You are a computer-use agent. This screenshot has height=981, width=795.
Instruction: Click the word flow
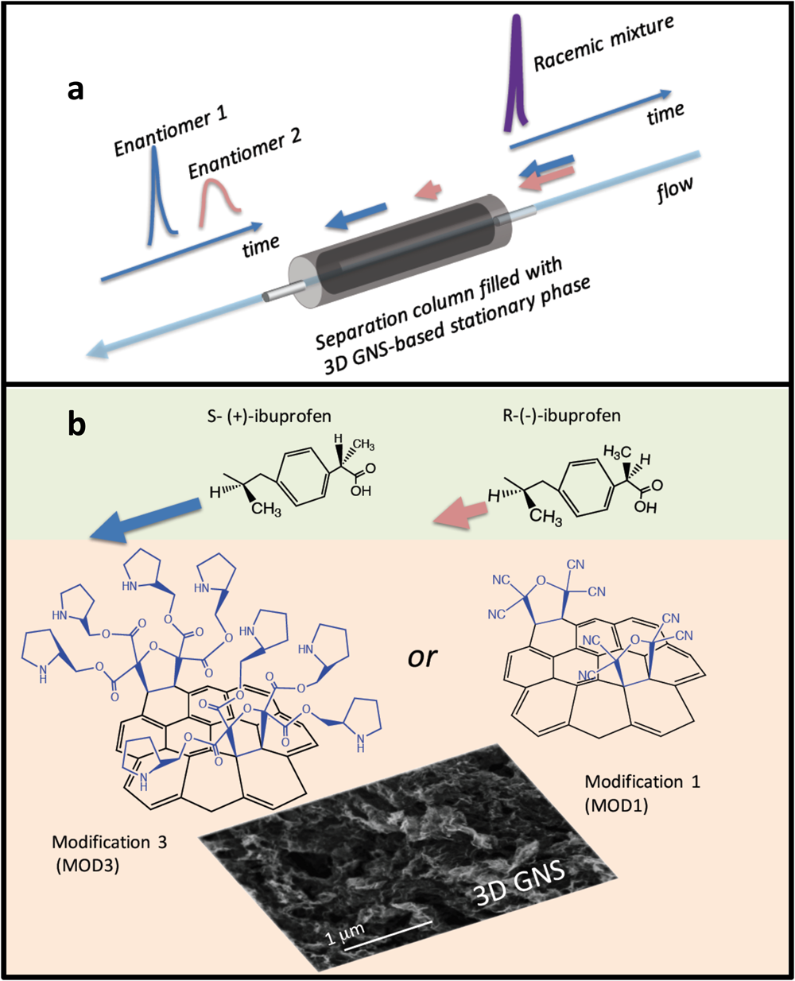[674, 191]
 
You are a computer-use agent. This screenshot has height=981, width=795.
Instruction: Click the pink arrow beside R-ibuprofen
[461, 510]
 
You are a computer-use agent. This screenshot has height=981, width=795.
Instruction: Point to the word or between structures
[423, 657]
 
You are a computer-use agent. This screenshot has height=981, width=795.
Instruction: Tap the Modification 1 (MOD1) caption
[633, 793]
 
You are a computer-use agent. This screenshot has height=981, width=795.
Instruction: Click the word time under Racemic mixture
[665, 114]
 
